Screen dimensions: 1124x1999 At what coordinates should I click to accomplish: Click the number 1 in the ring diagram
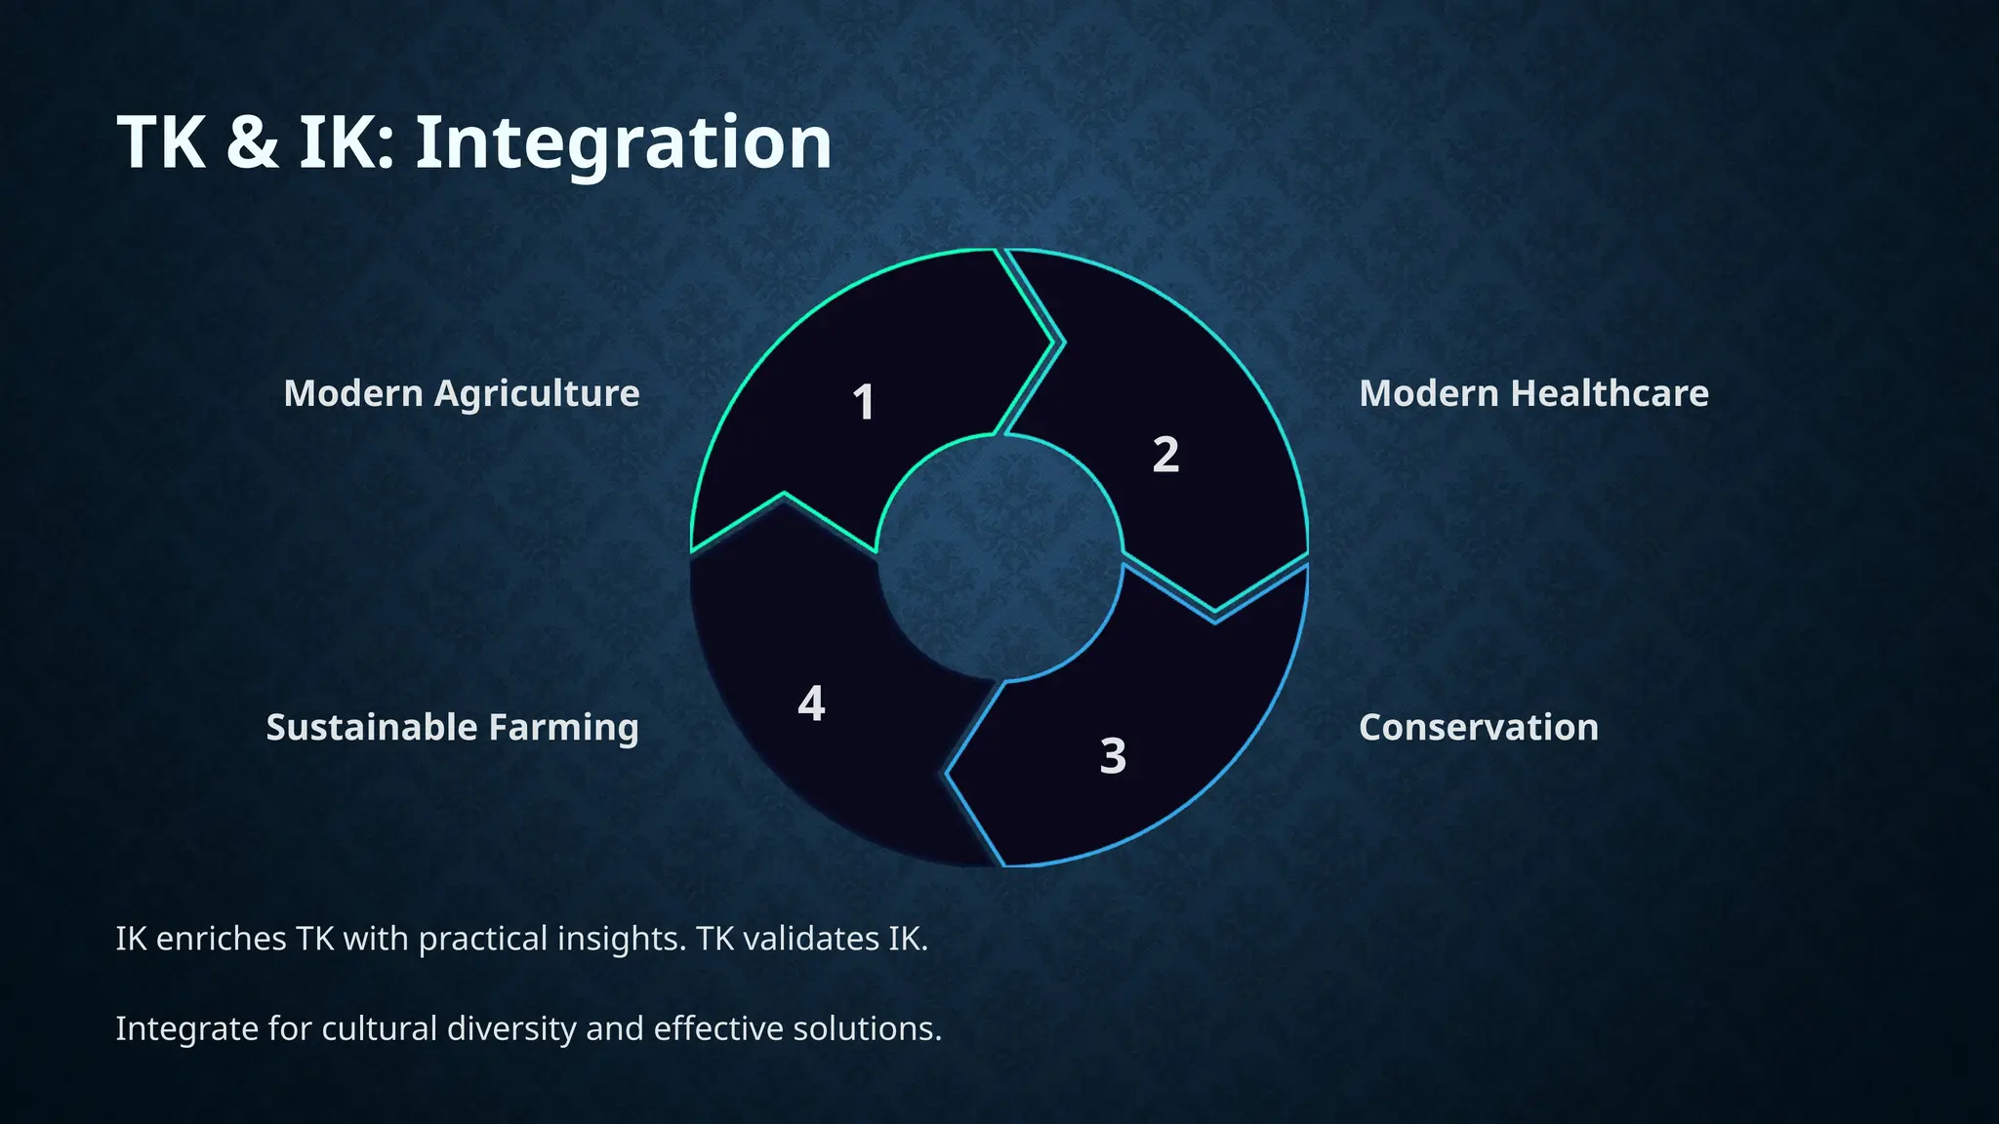coord(863,402)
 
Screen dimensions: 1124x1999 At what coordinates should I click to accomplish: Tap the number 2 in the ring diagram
coord(1165,455)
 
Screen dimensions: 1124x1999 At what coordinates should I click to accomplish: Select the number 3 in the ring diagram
coord(1113,756)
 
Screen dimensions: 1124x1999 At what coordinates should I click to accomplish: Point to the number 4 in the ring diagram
coord(811,703)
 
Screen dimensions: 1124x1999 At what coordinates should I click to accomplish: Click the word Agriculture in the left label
coord(537,394)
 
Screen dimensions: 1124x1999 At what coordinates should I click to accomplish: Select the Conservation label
coord(1478,728)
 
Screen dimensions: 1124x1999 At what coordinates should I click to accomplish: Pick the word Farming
coord(563,728)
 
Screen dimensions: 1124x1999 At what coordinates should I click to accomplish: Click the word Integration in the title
coord(624,142)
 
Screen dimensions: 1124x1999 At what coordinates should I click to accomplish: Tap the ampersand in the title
coord(252,142)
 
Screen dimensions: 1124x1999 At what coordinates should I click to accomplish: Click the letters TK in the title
coord(161,142)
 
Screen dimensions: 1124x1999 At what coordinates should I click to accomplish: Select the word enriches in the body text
coord(221,939)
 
